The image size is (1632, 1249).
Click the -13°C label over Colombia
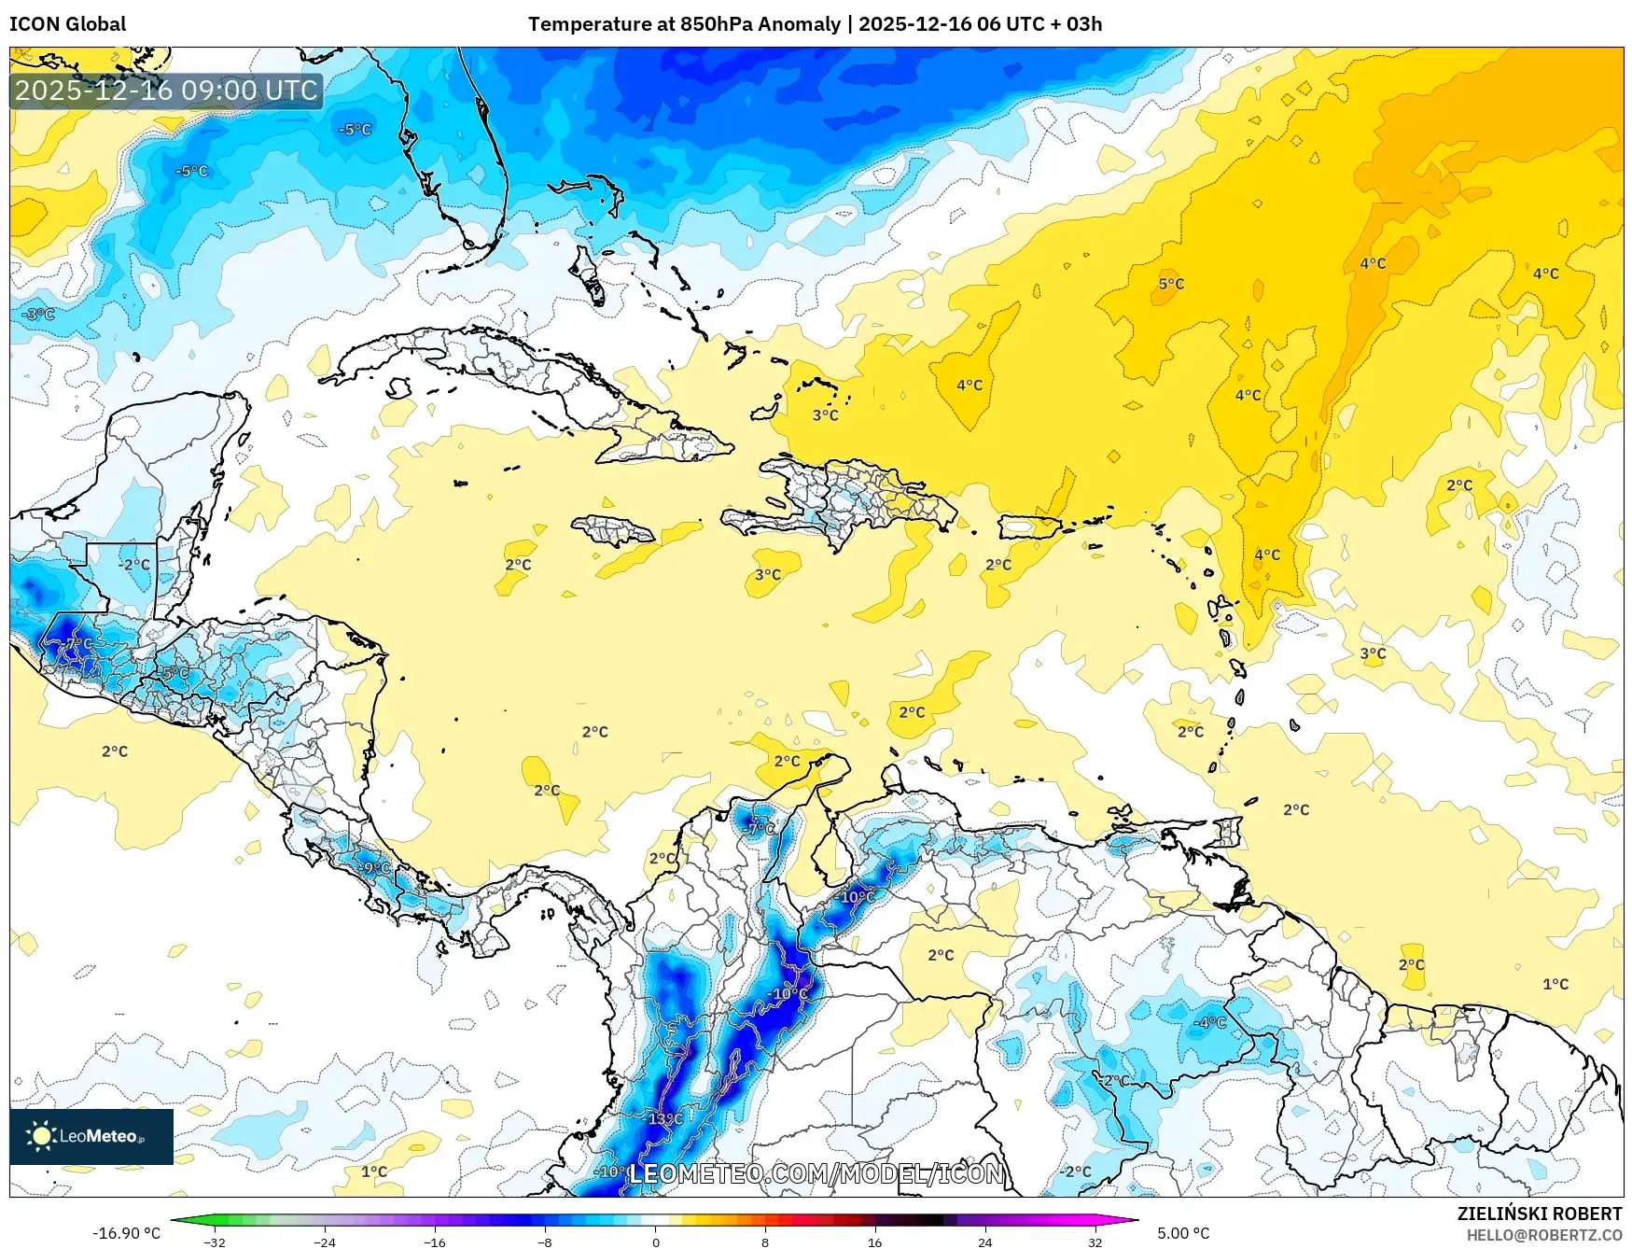click(665, 1118)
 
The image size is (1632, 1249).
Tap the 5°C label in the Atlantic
click(1171, 284)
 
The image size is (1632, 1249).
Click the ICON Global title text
click(67, 24)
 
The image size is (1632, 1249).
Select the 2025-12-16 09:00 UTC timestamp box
click(166, 91)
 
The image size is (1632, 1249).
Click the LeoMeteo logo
click(91, 1136)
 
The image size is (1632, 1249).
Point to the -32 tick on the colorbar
click(215, 1242)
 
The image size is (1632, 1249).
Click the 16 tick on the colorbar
click(874, 1242)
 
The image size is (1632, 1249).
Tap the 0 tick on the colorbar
click(655, 1242)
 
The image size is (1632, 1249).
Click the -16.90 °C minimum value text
click(126, 1233)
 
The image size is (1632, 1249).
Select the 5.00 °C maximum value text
click(1183, 1233)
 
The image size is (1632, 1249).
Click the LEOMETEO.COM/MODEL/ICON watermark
click(816, 1173)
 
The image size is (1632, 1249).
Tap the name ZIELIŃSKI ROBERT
click(1539, 1214)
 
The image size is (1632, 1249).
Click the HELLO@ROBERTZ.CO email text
click(1543, 1235)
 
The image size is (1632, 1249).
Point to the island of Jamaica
click(613, 531)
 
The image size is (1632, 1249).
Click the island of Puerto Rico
click(1030, 527)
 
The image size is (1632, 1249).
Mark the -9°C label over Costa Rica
click(375, 868)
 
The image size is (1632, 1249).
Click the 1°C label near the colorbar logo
click(374, 1172)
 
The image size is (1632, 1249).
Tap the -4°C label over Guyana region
click(1210, 1022)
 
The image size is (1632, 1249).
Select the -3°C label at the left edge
click(39, 315)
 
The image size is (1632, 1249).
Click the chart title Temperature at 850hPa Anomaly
click(684, 24)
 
